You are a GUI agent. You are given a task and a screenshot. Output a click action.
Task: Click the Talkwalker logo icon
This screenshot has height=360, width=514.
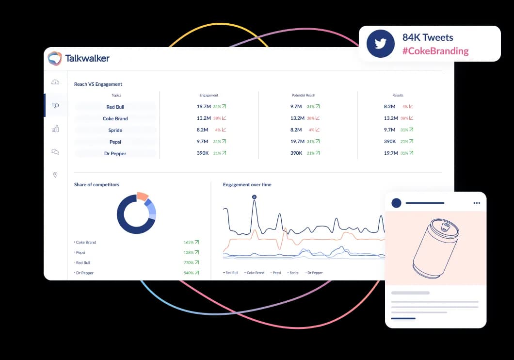pos(55,58)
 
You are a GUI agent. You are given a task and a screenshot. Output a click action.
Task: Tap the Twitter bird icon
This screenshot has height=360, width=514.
pos(380,44)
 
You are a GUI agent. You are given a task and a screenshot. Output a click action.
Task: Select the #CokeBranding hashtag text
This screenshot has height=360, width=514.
pos(435,51)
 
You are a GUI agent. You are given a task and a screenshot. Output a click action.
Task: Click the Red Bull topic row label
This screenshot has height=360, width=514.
pos(115,107)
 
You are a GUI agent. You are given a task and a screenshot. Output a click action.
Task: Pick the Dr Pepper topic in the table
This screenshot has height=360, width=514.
pos(115,153)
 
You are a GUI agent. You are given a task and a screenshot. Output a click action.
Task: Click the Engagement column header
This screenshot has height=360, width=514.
pos(209,95)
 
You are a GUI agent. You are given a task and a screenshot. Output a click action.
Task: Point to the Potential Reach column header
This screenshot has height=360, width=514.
pos(304,95)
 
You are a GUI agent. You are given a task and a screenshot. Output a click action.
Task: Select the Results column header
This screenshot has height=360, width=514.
pos(398,95)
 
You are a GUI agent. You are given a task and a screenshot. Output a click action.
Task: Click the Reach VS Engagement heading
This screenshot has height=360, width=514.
pos(98,84)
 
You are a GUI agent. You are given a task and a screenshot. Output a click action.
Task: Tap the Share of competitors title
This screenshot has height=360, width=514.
pos(96,185)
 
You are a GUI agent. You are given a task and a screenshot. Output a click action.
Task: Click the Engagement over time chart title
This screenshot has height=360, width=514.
pos(247,185)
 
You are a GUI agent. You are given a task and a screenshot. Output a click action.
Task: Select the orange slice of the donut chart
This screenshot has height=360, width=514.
pos(142,196)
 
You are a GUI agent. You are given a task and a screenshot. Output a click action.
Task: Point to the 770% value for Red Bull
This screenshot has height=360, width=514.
pos(189,262)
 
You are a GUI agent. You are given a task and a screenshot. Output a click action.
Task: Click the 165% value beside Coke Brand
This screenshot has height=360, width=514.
pos(189,242)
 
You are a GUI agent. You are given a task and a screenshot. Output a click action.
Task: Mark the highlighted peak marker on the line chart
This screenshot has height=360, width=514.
pos(254,197)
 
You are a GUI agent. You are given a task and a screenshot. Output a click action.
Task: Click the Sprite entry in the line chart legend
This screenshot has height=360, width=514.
pos(293,273)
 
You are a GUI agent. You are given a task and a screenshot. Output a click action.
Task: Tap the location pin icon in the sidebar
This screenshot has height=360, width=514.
pos(55,175)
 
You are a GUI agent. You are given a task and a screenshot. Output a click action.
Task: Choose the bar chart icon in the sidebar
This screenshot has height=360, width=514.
pos(55,129)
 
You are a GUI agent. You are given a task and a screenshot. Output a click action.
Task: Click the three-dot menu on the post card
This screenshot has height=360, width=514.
pos(476,203)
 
